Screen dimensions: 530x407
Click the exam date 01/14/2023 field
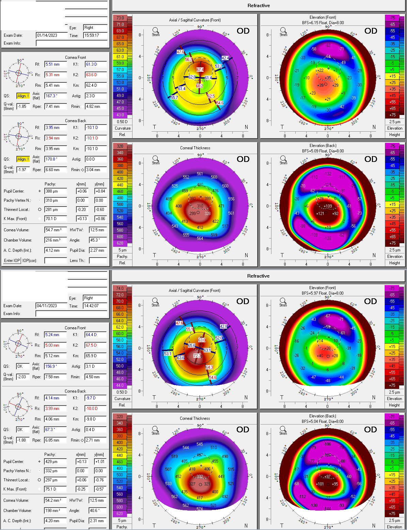tap(51, 35)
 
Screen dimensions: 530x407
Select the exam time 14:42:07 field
tap(95, 306)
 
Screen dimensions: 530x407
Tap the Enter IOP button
tap(12, 261)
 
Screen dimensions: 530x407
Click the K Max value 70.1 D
tap(56, 219)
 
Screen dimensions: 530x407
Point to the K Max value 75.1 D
tap(56, 489)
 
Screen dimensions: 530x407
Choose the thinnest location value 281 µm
tap(56, 210)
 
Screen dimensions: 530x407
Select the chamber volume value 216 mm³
tap(56, 240)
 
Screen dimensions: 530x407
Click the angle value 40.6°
tap(98, 511)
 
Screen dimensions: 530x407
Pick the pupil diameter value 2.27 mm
tap(98, 250)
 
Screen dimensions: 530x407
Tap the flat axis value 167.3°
tap(56, 96)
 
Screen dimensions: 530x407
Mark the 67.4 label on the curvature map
tap(200, 70)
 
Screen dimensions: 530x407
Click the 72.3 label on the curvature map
tap(197, 356)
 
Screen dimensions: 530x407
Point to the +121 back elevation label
tap(320, 214)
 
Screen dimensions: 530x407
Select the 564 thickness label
tap(200, 238)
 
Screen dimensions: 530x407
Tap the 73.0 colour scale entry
tap(120, 18)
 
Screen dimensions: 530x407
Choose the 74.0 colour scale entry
tap(120, 288)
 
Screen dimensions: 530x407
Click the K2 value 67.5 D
tap(95, 345)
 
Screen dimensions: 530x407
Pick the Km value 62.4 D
tap(95, 85)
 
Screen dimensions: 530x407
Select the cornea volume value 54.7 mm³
tap(56, 230)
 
